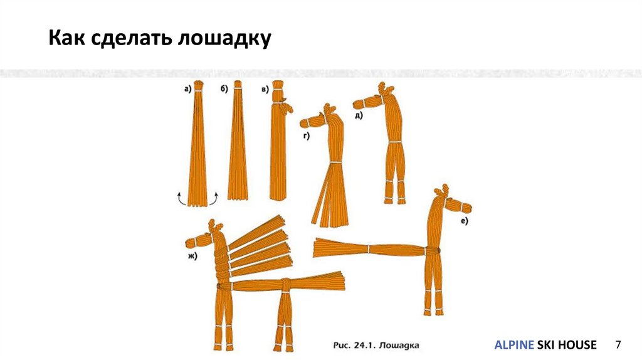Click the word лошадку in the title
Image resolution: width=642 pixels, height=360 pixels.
(x=224, y=38)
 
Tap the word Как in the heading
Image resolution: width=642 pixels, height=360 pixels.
(x=66, y=38)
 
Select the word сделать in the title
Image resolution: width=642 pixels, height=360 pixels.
(x=132, y=38)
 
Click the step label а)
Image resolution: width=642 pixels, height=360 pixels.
(x=187, y=89)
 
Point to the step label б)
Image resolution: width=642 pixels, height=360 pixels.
(x=224, y=89)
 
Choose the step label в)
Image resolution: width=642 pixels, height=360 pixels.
(x=265, y=89)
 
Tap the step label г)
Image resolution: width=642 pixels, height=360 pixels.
(x=306, y=136)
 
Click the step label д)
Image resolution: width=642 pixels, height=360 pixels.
(x=359, y=115)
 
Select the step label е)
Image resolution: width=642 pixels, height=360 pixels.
(x=464, y=221)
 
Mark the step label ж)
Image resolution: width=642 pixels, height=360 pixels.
(x=192, y=257)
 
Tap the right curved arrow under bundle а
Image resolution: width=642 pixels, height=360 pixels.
(x=214, y=198)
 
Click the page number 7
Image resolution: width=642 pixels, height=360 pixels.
(x=618, y=344)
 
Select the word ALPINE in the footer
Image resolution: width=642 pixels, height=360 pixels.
(x=514, y=345)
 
